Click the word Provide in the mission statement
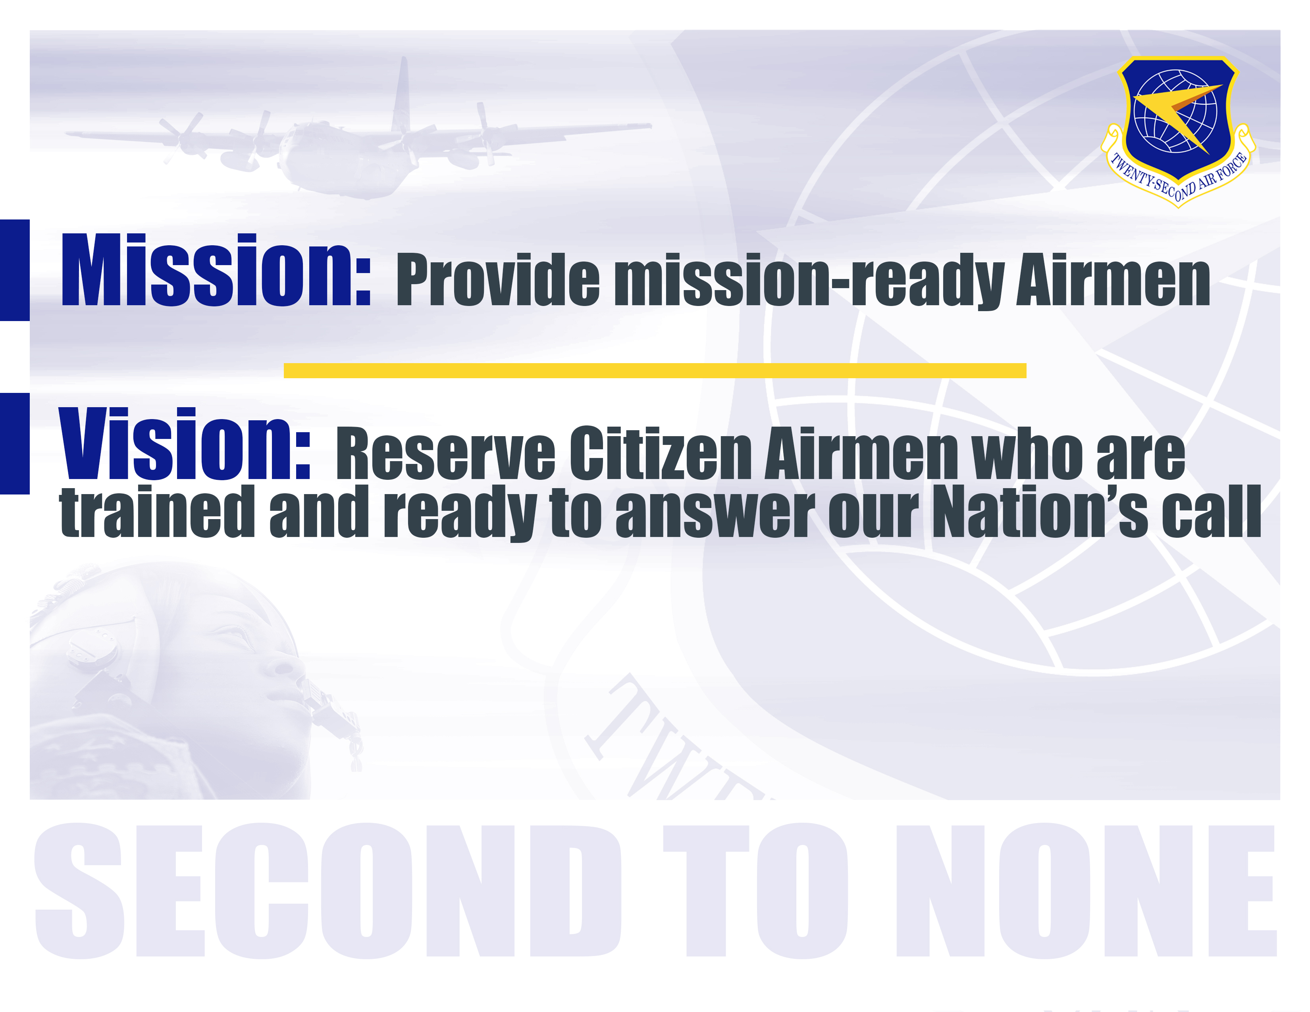[498, 280]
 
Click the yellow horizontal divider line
[655, 371]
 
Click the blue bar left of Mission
[14, 270]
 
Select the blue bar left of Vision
[14, 444]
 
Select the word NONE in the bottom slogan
[1086, 891]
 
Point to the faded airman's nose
[282, 662]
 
